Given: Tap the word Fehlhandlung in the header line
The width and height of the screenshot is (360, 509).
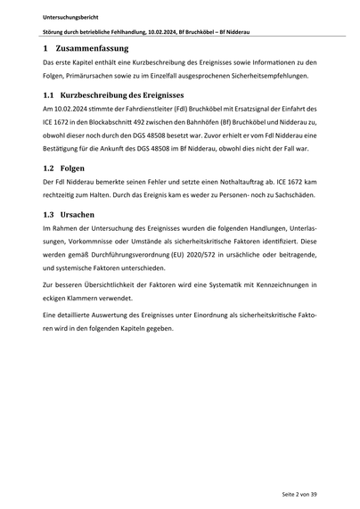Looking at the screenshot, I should click(x=131, y=32).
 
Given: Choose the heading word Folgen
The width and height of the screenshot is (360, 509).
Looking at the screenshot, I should click(x=74, y=167).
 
